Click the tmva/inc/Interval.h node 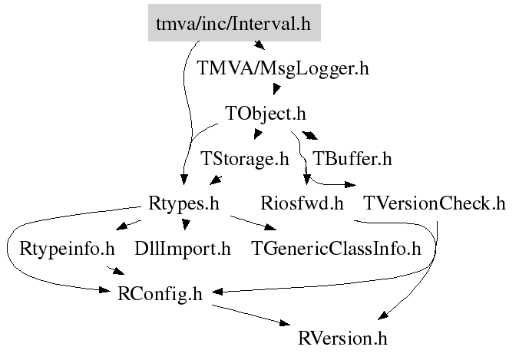point(233,24)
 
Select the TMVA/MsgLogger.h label point(283,68)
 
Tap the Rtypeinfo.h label point(67,249)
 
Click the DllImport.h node point(182,249)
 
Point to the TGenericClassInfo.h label point(337,249)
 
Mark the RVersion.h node point(344,338)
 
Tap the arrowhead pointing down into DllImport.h point(185,224)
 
